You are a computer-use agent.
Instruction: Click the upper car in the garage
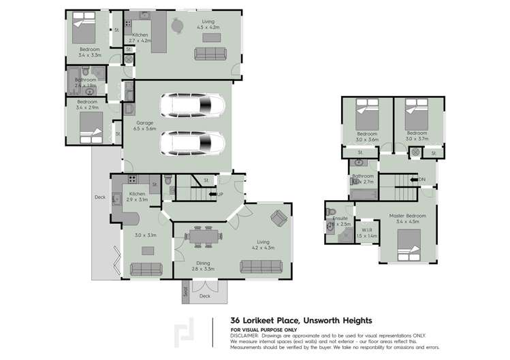click(x=193, y=105)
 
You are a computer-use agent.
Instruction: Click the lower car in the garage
click(x=193, y=143)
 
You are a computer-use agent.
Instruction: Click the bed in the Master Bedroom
click(x=411, y=244)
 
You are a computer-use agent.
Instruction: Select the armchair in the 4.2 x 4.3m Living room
click(x=278, y=218)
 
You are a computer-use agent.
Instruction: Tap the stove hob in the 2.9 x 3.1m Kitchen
click(x=130, y=180)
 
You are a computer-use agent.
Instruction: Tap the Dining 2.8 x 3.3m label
click(x=201, y=265)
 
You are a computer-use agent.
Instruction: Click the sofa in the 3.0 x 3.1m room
click(x=146, y=267)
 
